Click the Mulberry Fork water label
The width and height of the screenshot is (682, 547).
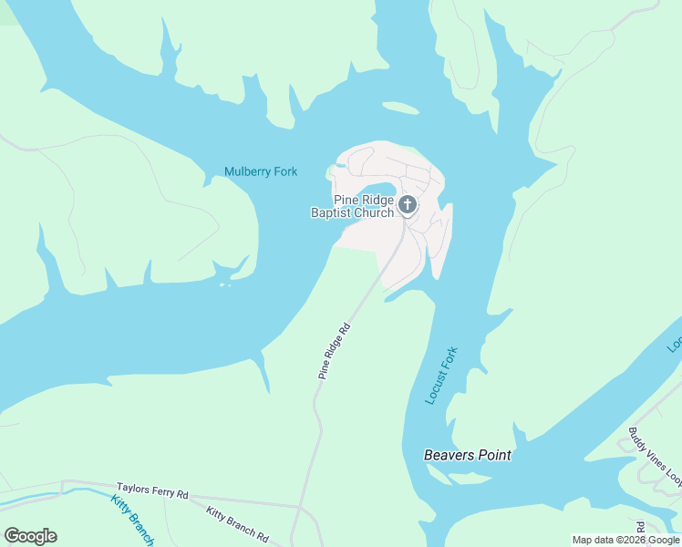(261, 171)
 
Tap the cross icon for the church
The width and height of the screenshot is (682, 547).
(408, 204)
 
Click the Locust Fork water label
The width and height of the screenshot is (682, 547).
(441, 376)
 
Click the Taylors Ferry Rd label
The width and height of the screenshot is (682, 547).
(152, 492)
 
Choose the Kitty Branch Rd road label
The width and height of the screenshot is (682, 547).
(237, 524)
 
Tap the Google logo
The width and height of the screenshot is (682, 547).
(30, 536)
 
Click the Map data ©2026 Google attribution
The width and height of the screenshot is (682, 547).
(625, 540)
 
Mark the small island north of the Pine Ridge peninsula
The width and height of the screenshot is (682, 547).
(399, 108)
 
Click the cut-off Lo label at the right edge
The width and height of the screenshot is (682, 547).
(675, 345)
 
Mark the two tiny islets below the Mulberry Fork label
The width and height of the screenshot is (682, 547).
(224, 285)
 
